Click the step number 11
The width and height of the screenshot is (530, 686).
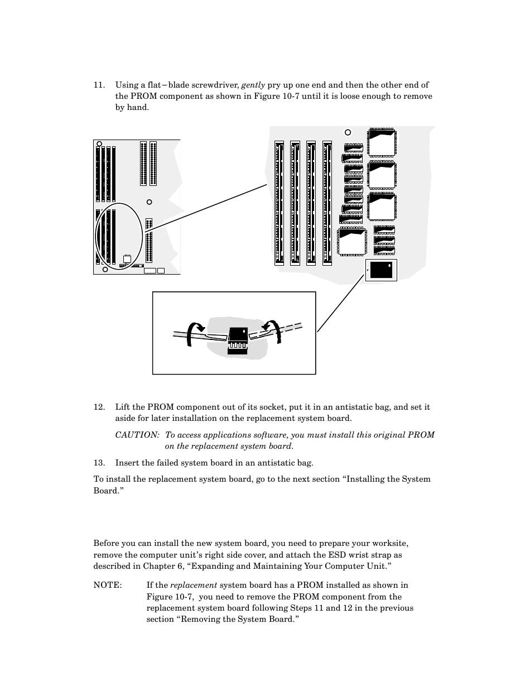tap(99, 85)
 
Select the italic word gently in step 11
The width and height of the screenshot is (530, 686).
tap(253, 85)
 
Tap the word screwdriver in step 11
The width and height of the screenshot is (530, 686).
tap(219, 85)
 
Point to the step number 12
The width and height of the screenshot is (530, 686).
tap(99, 407)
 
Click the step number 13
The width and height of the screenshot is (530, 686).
tap(99, 463)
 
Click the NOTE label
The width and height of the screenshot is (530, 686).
tap(108, 586)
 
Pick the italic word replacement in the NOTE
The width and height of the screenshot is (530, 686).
tap(194, 586)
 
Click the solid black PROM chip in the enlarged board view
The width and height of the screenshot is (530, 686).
tap(380, 270)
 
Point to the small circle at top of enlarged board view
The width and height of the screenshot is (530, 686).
tap(348, 132)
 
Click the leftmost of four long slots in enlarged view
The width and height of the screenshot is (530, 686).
tap(280, 203)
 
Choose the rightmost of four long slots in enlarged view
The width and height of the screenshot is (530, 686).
tap(327, 203)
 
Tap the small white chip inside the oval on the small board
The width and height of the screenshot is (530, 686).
tap(127, 258)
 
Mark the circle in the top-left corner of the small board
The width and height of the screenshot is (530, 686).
tap(99, 144)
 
